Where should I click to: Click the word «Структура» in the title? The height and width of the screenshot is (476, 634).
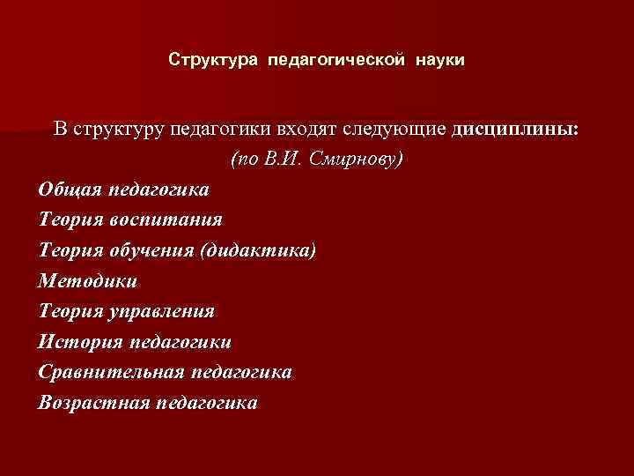[201, 61]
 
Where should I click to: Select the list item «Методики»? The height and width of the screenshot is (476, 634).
[88, 281]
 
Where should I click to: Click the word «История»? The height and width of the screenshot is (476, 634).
[77, 342]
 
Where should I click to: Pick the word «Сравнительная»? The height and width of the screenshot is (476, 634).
[111, 372]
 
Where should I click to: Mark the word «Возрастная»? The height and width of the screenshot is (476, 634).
[92, 403]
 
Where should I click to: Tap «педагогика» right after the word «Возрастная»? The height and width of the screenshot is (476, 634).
[206, 403]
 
